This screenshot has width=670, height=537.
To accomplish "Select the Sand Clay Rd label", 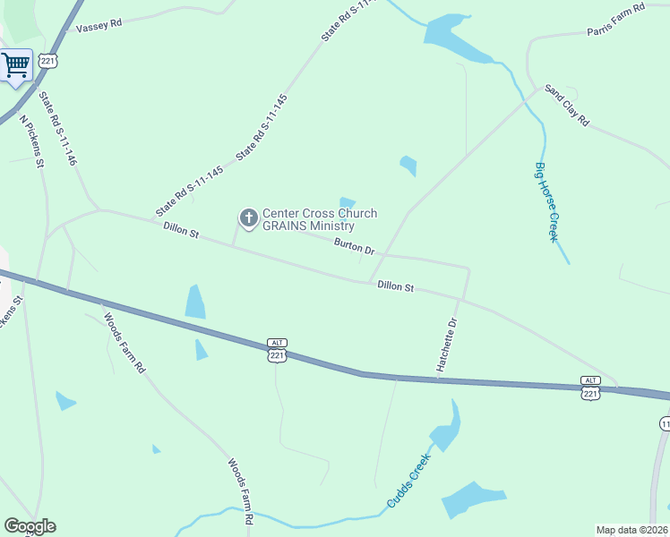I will [x=567, y=106].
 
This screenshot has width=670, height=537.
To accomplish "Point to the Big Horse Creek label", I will [x=546, y=201].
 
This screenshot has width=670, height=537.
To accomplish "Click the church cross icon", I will [x=247, y=217].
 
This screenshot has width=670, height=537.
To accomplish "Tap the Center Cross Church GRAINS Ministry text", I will [x=319, y=219].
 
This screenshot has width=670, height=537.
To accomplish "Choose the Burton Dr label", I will [x=354, y=246].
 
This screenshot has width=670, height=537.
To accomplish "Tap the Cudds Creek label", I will [x=408, y=481].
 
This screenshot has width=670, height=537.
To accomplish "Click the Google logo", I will [x=30, y=526].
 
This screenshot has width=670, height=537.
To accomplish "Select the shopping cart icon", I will [x=15, y=64].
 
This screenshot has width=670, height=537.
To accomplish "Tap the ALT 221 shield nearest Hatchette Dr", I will [x=589, y=388].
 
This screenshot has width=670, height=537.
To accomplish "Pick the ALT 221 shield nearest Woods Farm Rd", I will [x=277, y=350].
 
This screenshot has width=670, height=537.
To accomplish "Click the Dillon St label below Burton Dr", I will [x=395, y=286].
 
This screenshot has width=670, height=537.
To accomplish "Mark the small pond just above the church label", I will [x=348, y=202].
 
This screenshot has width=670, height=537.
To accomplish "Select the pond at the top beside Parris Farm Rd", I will [x=452, y=38].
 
